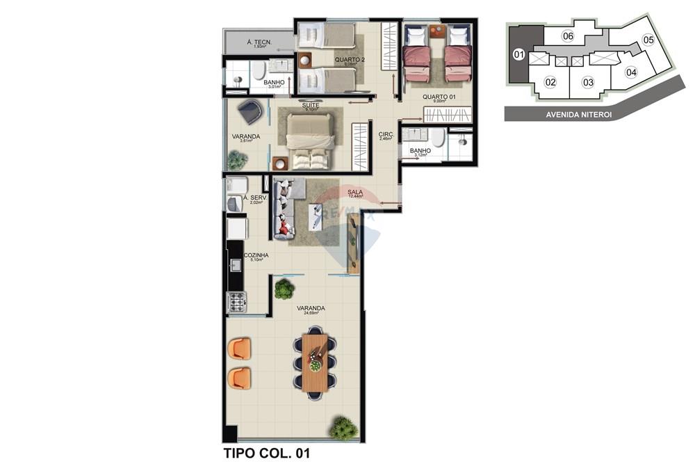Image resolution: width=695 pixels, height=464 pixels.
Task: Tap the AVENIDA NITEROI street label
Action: point(578,115)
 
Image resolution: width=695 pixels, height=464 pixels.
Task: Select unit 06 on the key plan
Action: point(568,36)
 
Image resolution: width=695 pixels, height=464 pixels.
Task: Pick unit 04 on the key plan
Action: point(631,72)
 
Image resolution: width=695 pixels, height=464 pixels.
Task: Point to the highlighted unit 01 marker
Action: point(518,54)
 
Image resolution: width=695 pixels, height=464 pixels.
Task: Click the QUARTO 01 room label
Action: point(439,97)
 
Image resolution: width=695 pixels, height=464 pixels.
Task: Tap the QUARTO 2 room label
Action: point(349,60)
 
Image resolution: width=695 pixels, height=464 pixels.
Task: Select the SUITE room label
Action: point(311,105)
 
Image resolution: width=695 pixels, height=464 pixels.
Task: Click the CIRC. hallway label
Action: point(386,134)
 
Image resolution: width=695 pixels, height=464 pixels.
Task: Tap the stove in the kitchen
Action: point(237,301)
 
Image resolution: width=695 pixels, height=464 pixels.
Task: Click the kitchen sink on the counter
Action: point(235,264)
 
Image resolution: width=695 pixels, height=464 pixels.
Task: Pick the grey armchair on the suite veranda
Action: point(250,111)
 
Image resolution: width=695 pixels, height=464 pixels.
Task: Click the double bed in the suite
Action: point(310,141)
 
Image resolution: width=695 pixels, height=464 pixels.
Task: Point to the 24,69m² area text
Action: point(311,314)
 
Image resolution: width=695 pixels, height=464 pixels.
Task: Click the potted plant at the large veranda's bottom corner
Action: point(343,427)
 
